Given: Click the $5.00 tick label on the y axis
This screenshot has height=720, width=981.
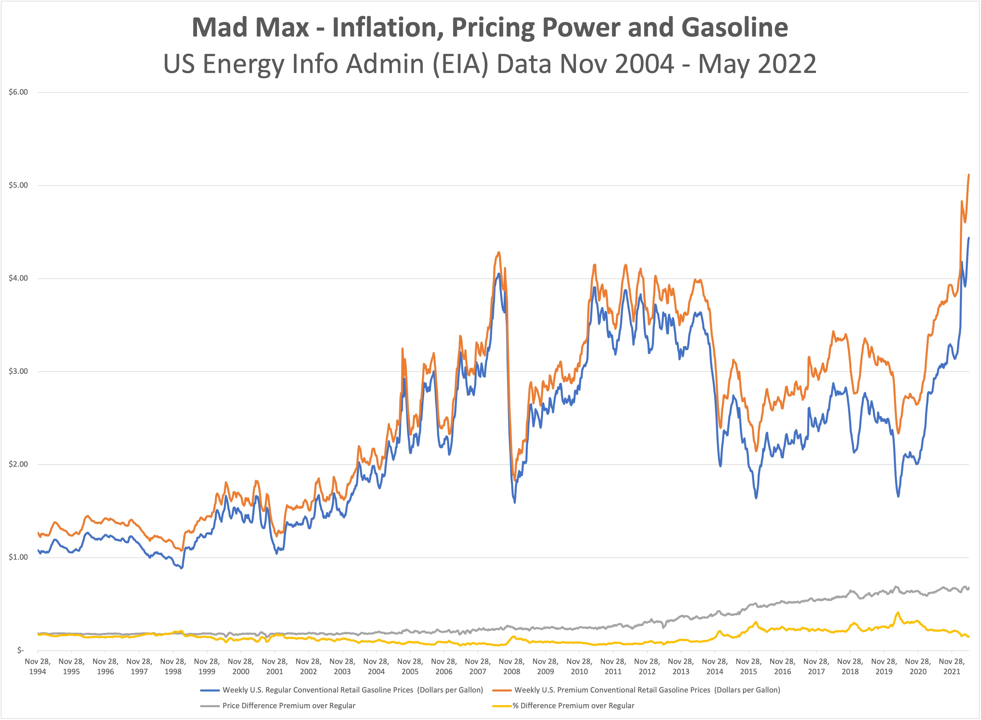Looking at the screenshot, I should coord(18,185).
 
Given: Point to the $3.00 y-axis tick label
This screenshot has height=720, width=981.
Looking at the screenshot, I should coord(18,371).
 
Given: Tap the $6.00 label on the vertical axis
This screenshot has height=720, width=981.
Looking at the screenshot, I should coord(18,92).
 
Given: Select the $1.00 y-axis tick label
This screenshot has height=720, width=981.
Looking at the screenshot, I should coord(18,557).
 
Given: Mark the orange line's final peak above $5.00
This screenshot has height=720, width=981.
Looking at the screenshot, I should coord(968,175).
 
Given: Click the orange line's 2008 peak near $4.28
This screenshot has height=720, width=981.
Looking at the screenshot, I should coord(499,252).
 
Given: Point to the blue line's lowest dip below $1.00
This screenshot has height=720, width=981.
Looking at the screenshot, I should coord(182,568).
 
